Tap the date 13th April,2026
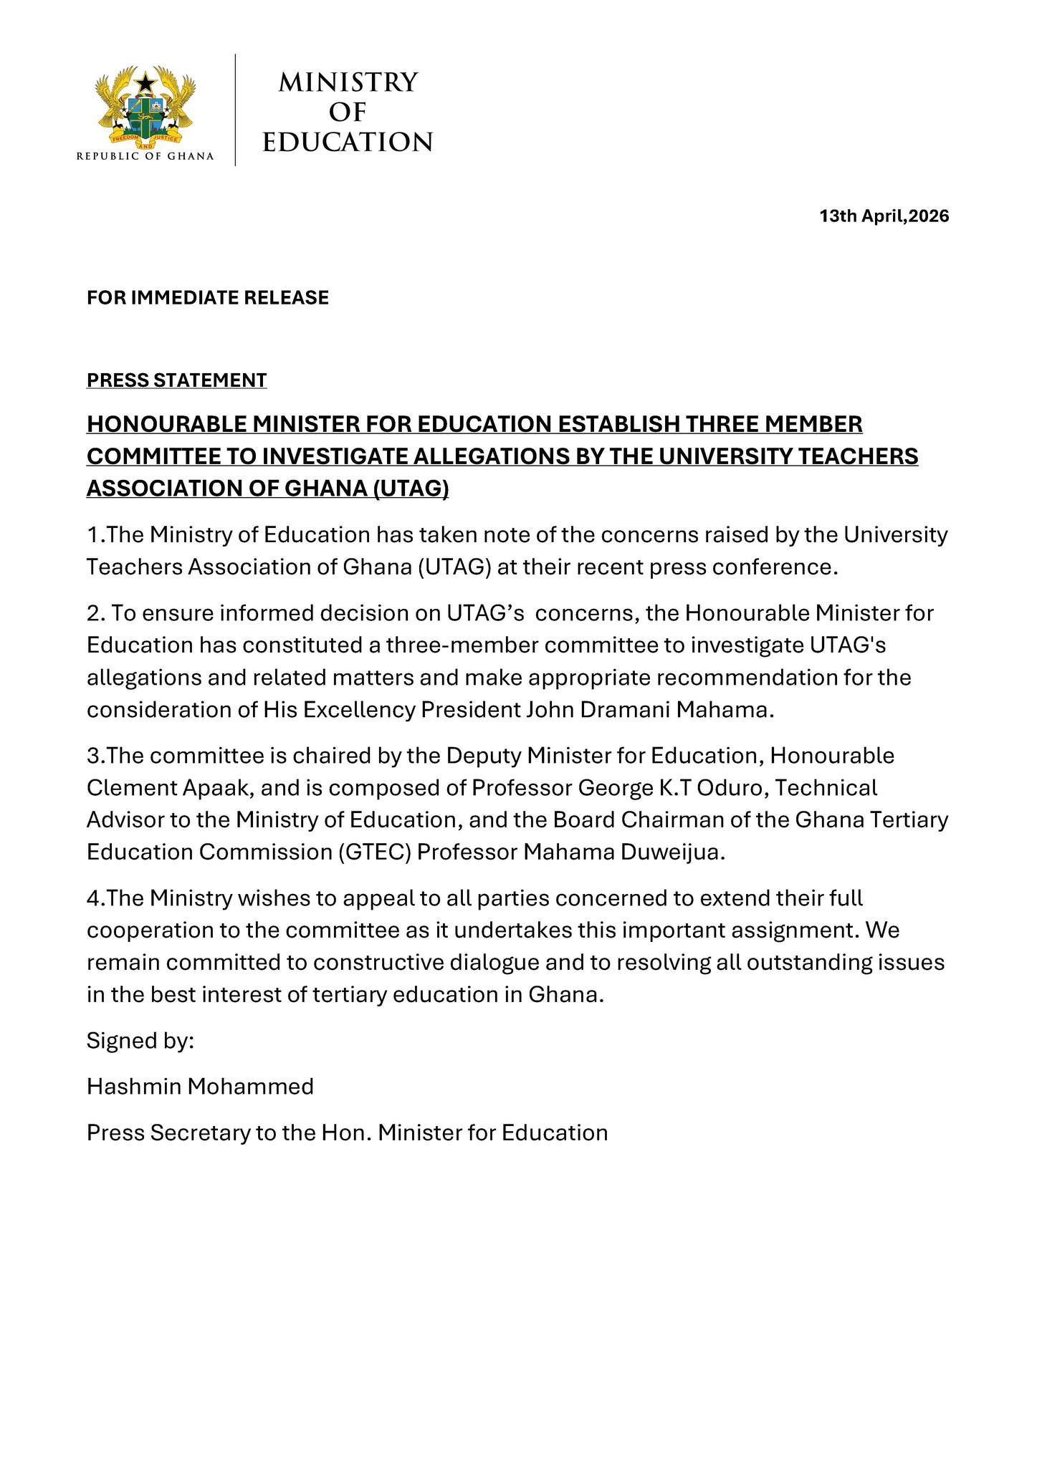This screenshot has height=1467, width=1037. [x=884, y=216]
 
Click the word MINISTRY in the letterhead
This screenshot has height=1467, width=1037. [x=348, y=82]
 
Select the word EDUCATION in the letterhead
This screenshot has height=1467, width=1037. [x=348, y=142]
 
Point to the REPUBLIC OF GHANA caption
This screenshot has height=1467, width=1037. [x=145, y=156]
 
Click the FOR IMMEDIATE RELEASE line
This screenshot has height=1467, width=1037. [x=208, y=298]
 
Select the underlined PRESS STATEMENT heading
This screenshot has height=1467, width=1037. [x=176, y=380]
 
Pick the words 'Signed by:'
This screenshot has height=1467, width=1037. [x=140, y=1041]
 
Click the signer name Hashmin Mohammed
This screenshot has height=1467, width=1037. [x=200, y=1087]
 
